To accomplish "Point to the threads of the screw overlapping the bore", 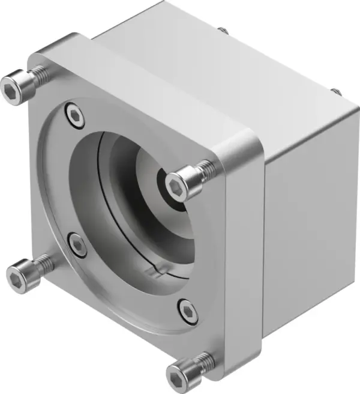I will [x=205, y=169].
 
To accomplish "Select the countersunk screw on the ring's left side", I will [x=77, y=244].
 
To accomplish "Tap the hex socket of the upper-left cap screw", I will [x=13, y=90].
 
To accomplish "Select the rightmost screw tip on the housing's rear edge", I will [x=335, y=91].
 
